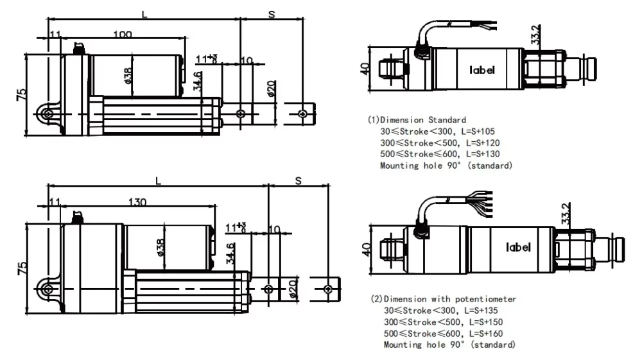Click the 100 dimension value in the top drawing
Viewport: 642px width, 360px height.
tap(123, 35)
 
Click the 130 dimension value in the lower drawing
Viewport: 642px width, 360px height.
tap(137, 202)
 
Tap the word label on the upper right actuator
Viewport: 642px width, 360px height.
tap(482, 70)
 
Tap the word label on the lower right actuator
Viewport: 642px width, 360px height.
tap(518, 247)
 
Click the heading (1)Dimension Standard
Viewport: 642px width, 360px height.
tap(417, 120)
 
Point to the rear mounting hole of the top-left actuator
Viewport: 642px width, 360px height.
tap(48, 114)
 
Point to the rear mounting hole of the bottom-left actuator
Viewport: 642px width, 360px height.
tap(48, 289)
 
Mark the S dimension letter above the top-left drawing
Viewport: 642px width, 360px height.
tap(272, 15)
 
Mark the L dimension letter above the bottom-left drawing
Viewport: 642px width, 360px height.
tap(158, 181)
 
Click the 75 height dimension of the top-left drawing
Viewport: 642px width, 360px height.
tap(21, 94)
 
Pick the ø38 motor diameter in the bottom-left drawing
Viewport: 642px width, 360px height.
tap(160, 248)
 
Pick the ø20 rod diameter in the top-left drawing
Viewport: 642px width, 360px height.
tap(271, 89)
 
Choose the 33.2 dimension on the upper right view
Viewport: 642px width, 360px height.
tap(535, 35)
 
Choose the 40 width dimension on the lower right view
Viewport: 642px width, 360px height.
tap(367, 250)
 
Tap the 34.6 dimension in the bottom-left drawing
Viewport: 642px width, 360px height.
tap(230, 253)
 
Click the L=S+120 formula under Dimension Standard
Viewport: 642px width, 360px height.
tap(483, 142)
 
